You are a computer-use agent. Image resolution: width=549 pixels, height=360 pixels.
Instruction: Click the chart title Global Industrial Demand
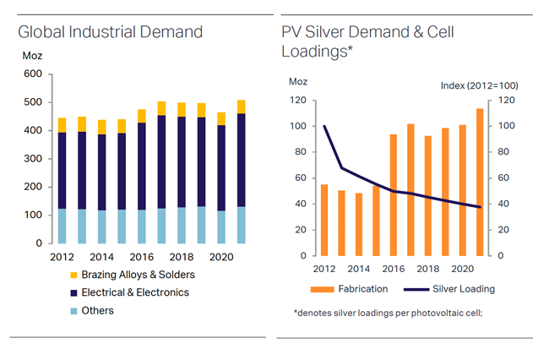[x=111, y=33]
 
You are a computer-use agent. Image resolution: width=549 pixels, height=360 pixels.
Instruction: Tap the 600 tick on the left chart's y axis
[x=32, y=74]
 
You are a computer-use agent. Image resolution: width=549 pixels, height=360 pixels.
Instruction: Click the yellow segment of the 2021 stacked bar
[x=242, y=106]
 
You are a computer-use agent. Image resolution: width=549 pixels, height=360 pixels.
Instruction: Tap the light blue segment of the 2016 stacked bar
[x=142, y=226]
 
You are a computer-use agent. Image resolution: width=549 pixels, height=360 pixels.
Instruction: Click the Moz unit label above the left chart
[x=30, y=56]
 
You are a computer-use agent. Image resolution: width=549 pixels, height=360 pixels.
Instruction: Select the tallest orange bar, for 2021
[x=480, y=182]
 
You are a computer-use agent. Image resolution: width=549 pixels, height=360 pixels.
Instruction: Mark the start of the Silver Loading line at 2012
[x=325, y=126]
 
